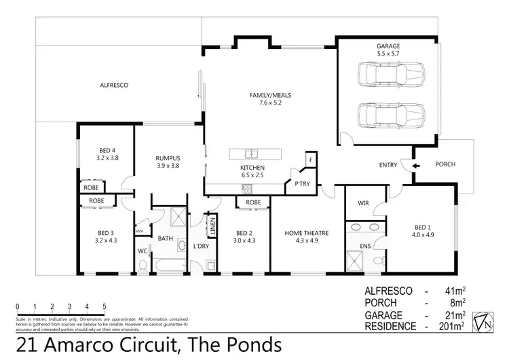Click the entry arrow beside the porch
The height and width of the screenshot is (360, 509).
pos(417,164)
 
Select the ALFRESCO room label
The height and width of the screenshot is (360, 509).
pos(114,86)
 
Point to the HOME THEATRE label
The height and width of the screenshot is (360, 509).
pos(307,233)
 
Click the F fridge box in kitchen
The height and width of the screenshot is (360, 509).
pos(310,159)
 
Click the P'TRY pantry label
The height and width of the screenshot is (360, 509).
pos(301,183)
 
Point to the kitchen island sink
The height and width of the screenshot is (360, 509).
pos(250,152)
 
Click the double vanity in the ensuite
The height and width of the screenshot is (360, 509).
pos(366,229)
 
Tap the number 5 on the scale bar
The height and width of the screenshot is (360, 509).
pos(105,306)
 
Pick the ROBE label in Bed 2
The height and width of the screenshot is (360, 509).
pos(253,202)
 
